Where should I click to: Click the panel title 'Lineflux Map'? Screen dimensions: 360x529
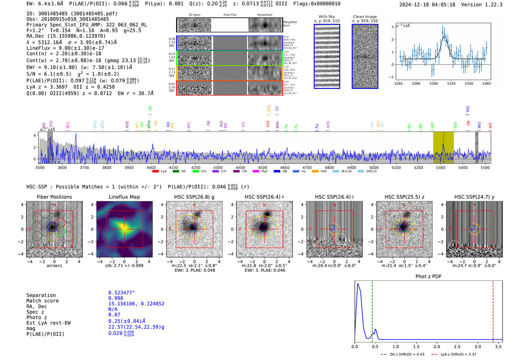click(124, 197)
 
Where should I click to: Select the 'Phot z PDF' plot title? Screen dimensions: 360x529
click(428, 277)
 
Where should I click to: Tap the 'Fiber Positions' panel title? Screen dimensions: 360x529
click(54, 197)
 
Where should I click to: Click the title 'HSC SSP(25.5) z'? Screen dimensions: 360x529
click(404, 197)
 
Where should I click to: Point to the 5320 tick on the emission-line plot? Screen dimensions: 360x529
click(451, 83)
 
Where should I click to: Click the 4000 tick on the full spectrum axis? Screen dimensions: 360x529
click(151, 168)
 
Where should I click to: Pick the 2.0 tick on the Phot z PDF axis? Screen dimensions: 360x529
click(437, 346)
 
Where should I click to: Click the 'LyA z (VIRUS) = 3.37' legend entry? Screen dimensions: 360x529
click(458, 354)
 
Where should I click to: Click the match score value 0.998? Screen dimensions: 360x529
click(116, 298)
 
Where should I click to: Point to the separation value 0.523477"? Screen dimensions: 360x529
click(121, 293)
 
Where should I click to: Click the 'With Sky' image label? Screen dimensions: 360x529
click(327, 17)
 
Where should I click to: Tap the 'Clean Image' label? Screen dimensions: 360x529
click(365, 17)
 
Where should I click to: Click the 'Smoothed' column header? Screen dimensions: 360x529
click(264, 15)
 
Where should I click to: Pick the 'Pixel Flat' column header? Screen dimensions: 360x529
click(230, 15)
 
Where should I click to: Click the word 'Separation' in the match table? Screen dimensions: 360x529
click(41, 295)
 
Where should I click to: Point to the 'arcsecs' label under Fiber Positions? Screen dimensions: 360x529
click(54, 266)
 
